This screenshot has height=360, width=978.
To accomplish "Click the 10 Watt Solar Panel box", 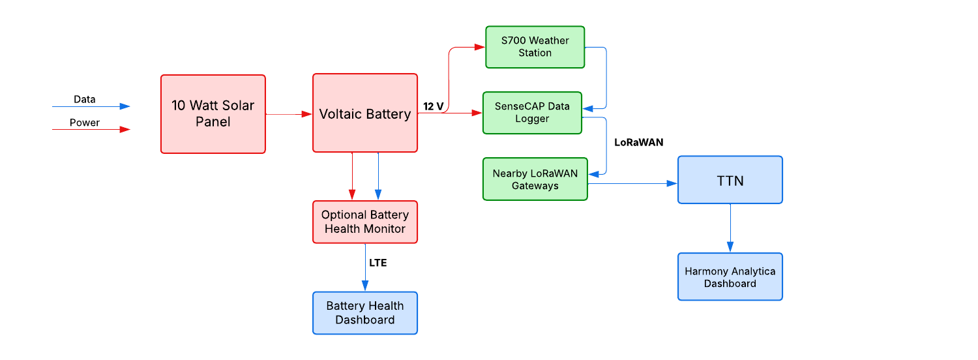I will [213, 114].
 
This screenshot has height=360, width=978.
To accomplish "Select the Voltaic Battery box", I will [364, 114].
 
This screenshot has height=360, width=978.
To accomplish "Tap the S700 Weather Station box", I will [535, 47].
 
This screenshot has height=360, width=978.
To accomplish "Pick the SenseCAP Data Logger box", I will [532, 113].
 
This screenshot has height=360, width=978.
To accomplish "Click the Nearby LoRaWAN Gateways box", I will [535, 179].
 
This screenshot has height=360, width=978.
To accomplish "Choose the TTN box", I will [730, 180].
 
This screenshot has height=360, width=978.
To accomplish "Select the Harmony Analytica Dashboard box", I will [730, 277].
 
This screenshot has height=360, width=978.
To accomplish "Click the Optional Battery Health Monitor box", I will [364, 222].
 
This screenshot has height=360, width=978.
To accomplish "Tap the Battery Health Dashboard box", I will [364, 313].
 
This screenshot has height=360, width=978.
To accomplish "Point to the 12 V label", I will [434, 106].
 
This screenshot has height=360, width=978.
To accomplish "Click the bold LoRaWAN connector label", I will [638, 142].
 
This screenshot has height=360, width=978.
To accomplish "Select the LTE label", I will [378, 263].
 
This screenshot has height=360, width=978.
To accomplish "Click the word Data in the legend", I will [84, 99].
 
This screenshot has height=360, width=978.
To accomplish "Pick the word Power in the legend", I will [85, 123].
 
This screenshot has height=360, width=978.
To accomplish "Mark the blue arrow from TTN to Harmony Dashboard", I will [730, 228].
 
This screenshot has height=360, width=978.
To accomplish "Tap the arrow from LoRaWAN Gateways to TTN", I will [632, 184].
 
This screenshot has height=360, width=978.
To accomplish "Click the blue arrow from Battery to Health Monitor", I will [378, 176].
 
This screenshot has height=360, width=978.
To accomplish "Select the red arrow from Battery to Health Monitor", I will [352, 176].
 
